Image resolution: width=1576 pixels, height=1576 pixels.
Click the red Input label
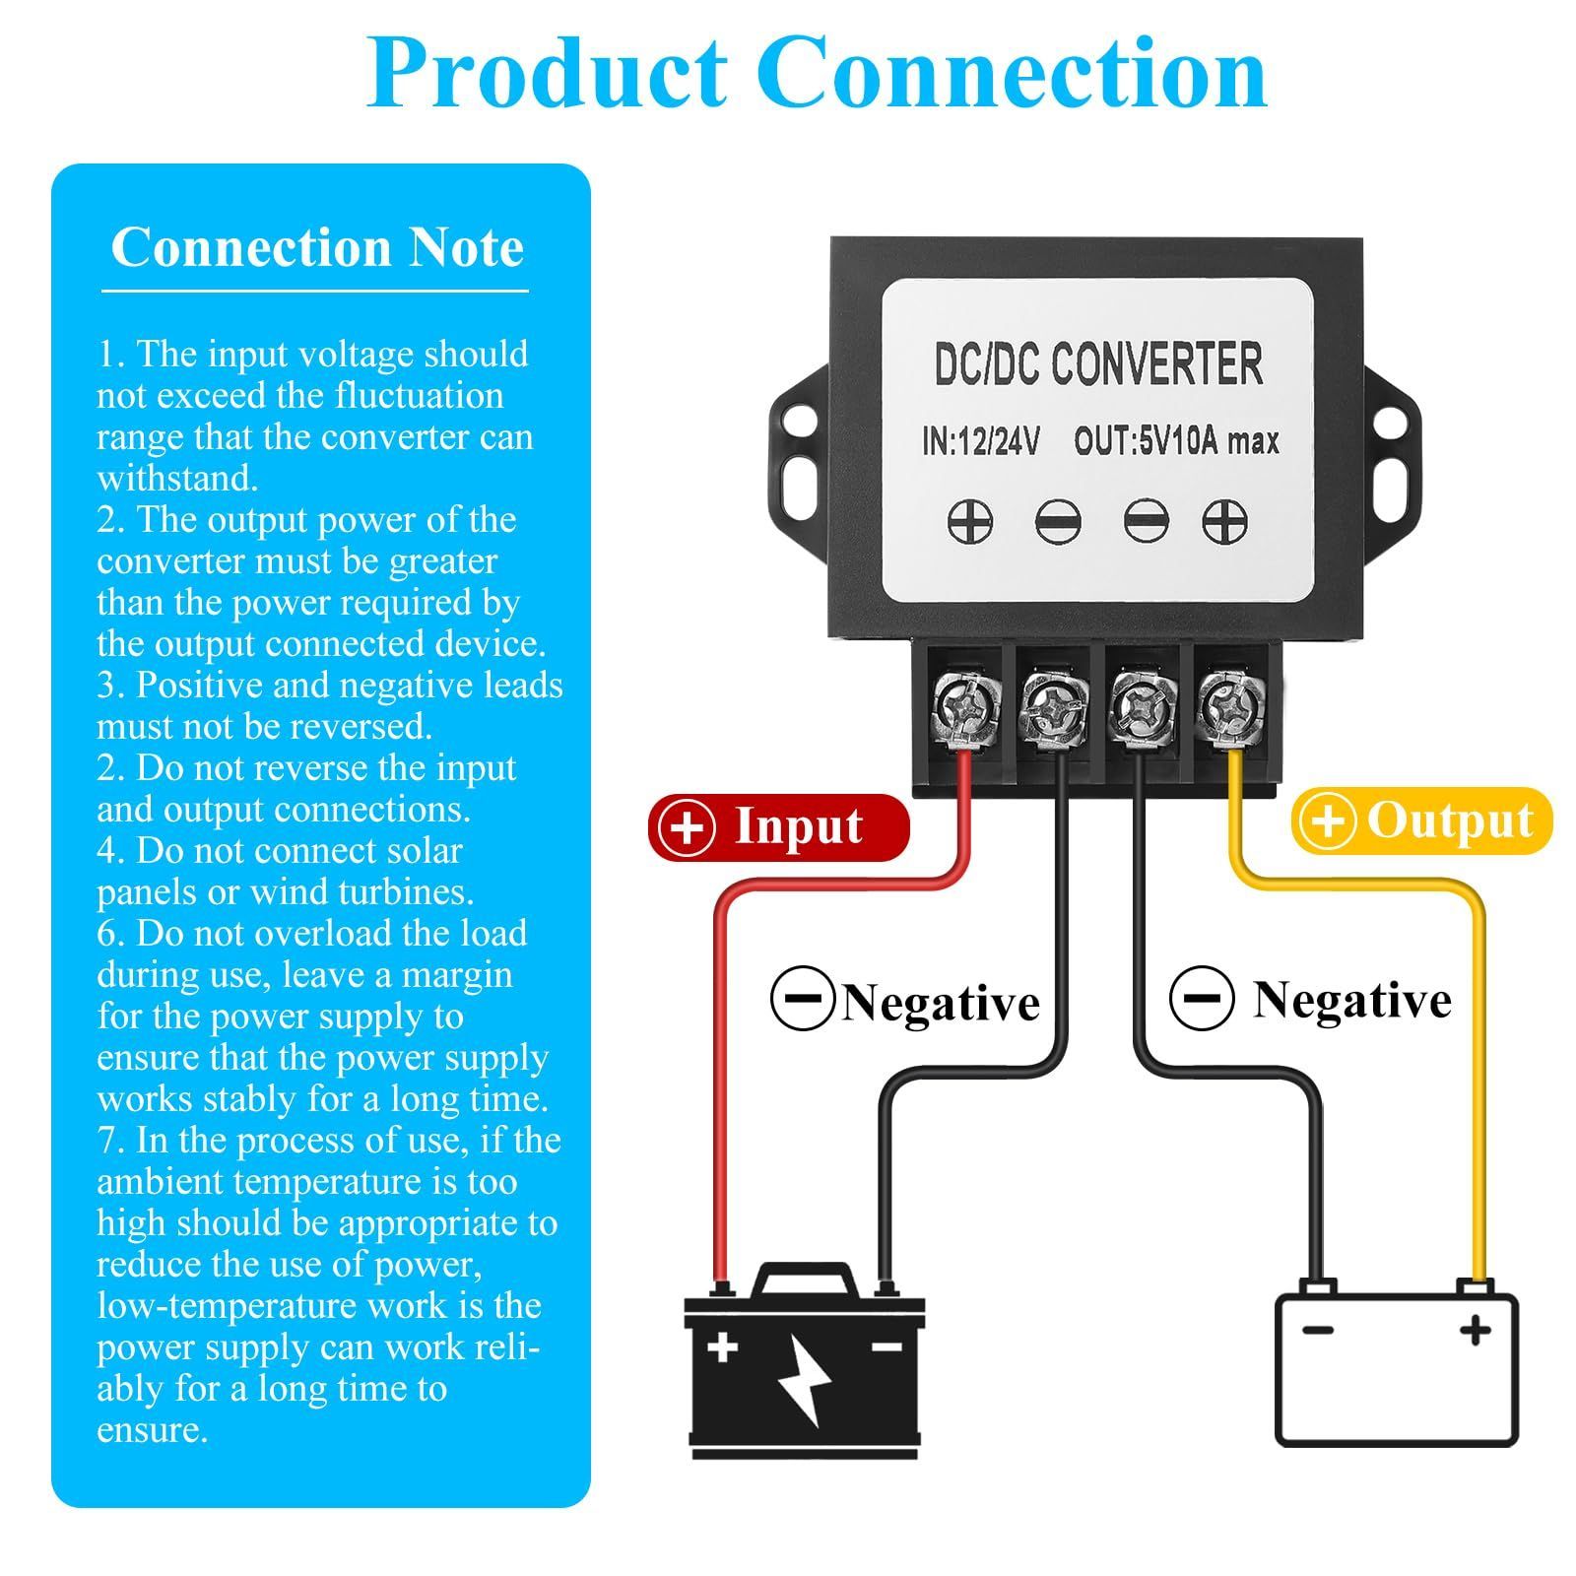(778, 826)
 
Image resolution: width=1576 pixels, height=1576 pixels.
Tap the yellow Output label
(1421, 821)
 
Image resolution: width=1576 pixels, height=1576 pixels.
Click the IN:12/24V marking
(981, 441)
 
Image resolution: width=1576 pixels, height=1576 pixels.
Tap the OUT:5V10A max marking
(1176, 441)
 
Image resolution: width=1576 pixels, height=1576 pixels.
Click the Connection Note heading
(317, 247)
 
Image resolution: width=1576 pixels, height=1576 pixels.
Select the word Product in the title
(548, 74)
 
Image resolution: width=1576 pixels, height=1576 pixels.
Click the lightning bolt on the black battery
(805, 1379)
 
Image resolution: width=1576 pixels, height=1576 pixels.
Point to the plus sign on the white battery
(1475, 1331)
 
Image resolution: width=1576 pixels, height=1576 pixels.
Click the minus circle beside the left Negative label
(803, 998)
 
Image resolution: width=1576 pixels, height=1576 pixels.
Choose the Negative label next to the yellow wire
(1351, 1000)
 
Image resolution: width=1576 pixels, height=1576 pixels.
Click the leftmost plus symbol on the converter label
(969, 521)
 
